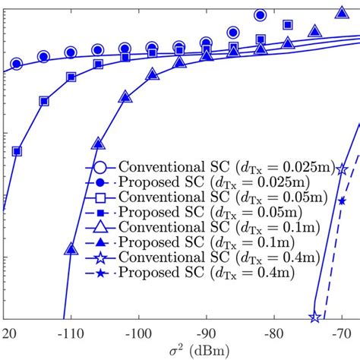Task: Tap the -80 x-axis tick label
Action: (274, 333)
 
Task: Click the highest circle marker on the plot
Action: (261, 14)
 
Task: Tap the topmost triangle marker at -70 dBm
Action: (342, 12)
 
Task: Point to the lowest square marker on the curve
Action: (17, 150)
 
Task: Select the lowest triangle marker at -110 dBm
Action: (71, 248)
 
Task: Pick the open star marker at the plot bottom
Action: (314, 317)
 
